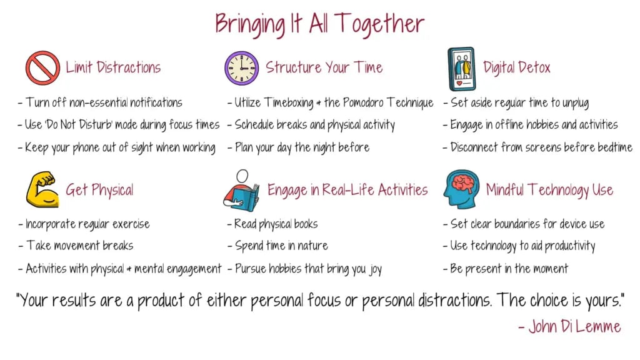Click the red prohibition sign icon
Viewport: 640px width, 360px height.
(x=42, y=67)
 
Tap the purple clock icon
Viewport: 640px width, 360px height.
(x=242, y=68)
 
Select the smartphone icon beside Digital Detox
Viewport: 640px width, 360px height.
(x=462, y=69)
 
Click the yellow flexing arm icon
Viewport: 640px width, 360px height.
(x=42, y=189)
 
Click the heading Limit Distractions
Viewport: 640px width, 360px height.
(x=113, y=67)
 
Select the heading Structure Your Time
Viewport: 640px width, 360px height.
(x=324, y=67)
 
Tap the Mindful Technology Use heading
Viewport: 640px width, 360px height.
(x=549, y=190)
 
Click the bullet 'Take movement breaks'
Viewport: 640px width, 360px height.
(x=76, y=246)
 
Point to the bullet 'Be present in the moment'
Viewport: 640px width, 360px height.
(x=506, y=269)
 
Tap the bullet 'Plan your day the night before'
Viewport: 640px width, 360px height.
(x=298, y=147)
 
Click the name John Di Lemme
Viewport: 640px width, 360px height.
(x=570, y=326)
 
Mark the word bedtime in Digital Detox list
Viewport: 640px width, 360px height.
(x=615, y=147)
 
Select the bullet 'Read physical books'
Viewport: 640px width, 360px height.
(x=272, y=224)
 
